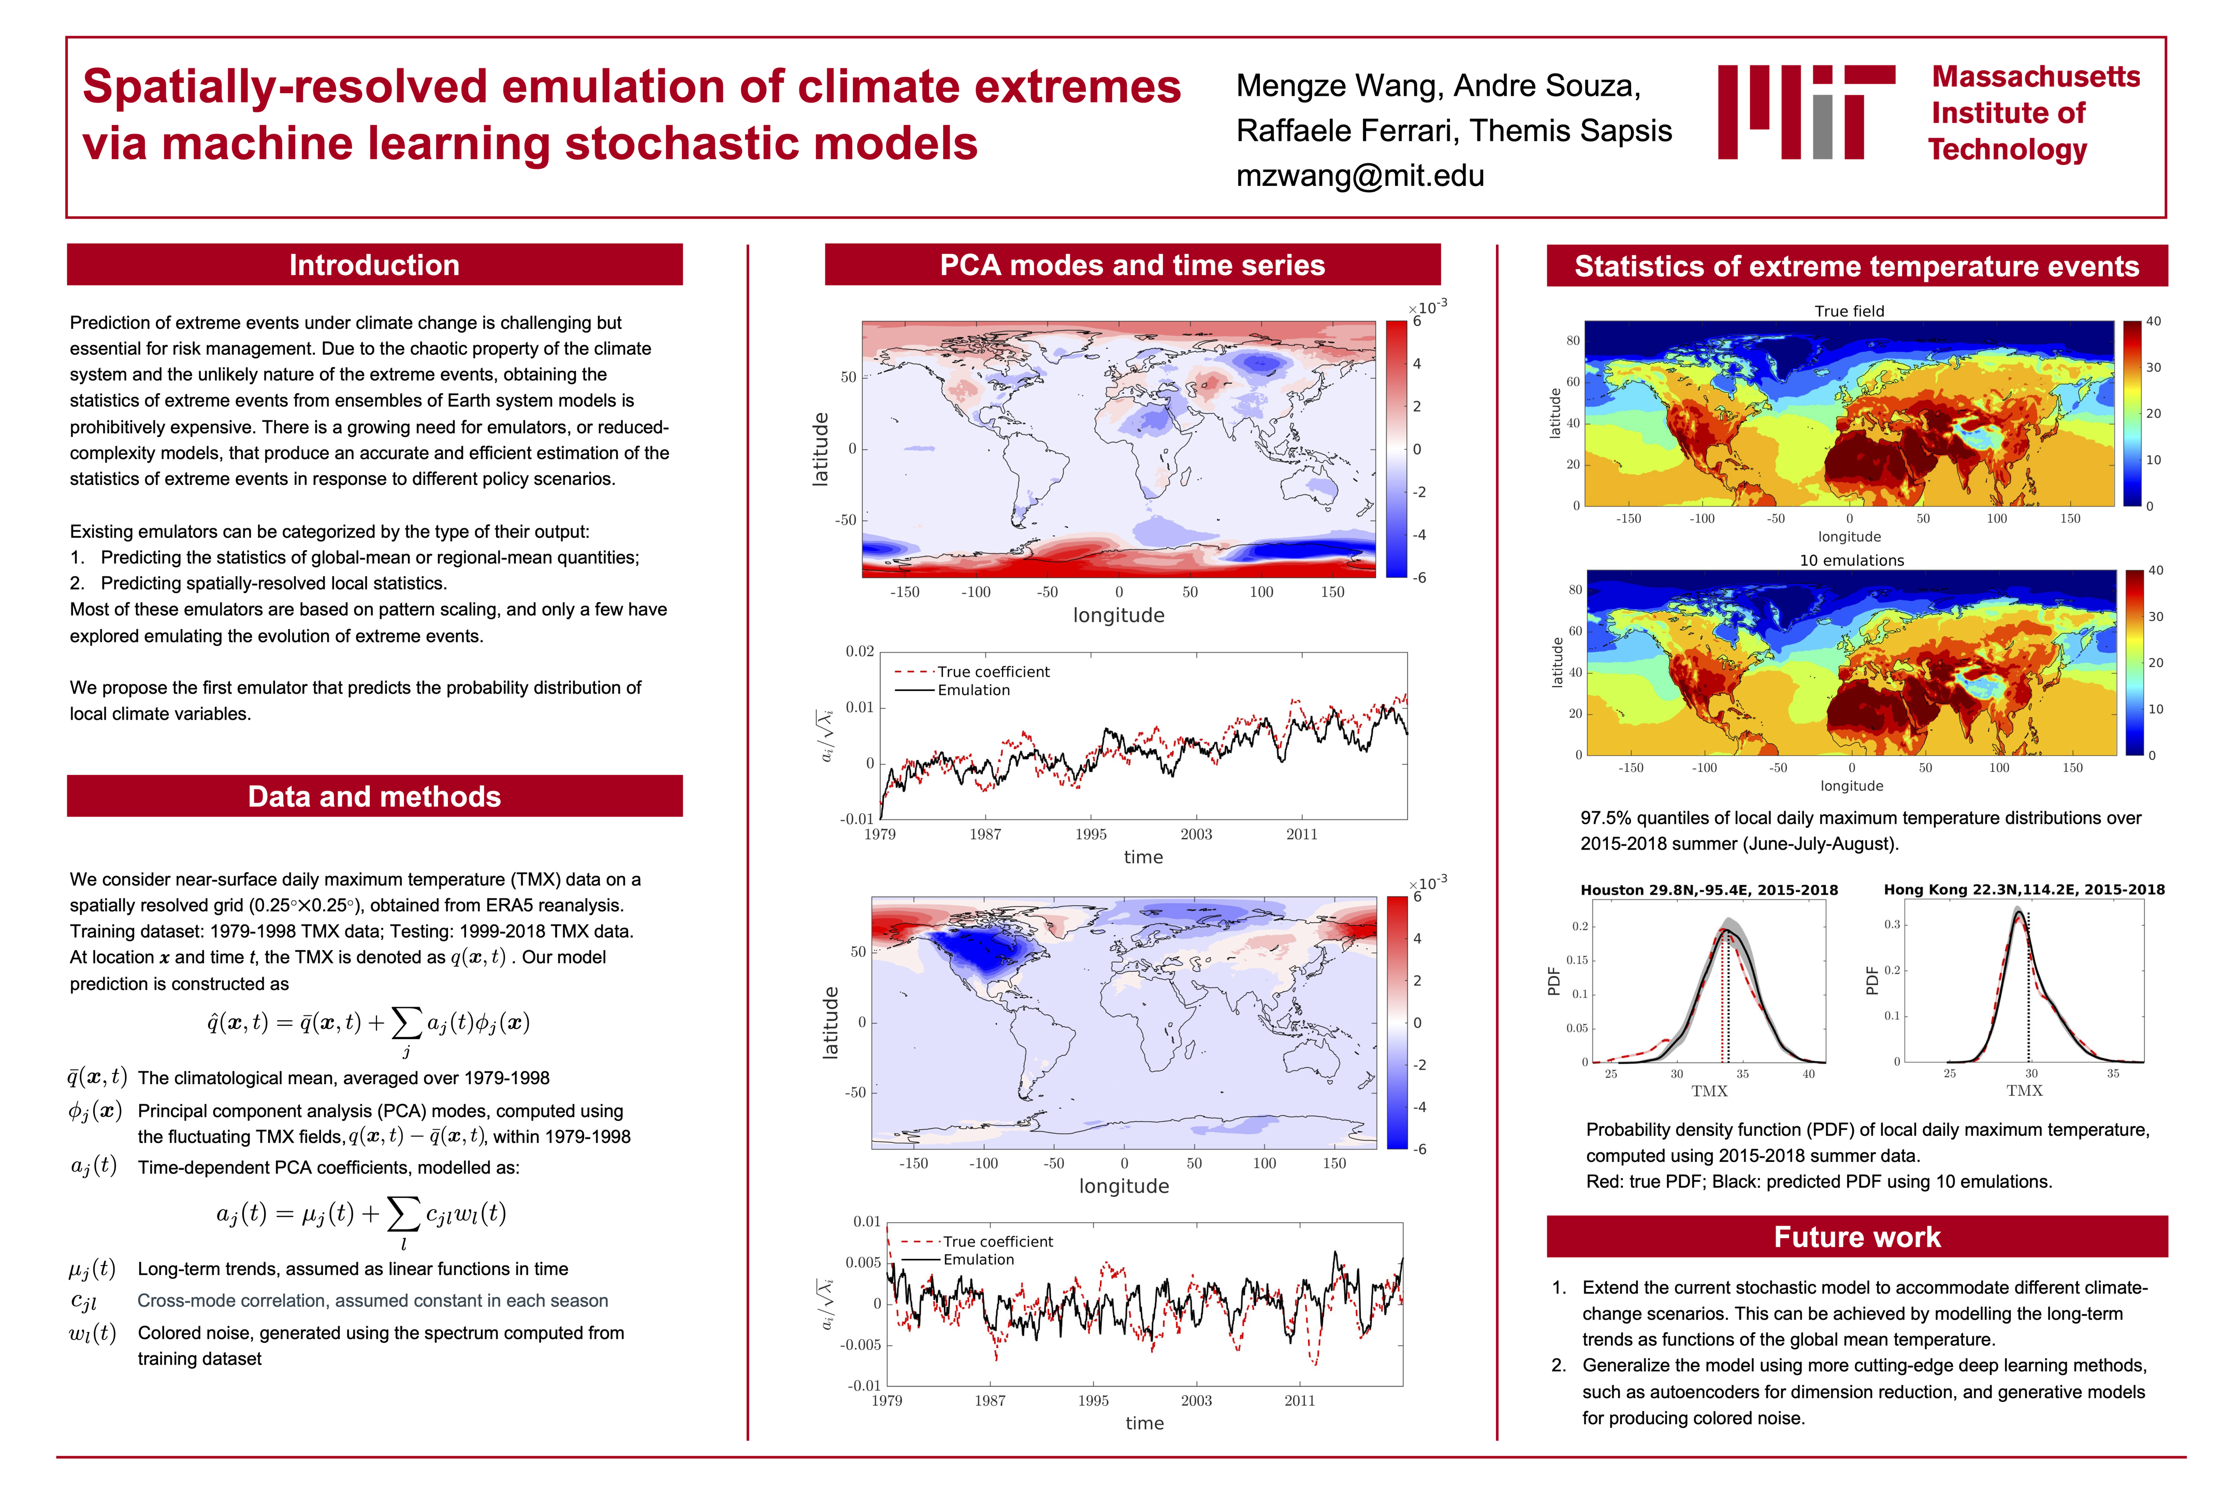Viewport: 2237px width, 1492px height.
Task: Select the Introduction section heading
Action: coord(374,265)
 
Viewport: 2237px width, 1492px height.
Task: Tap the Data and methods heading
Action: coord(374,796)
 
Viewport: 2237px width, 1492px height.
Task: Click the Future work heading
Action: coord(1856,1237)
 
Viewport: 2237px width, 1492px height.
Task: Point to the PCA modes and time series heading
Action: coord(1132,265)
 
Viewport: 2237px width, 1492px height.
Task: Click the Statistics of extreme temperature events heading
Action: coord(1856,266)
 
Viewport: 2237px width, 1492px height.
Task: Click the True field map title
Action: coord(1849,311)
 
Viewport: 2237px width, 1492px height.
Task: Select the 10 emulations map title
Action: coord(1851,561)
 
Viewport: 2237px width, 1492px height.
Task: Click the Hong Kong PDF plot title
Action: coord(2024,890)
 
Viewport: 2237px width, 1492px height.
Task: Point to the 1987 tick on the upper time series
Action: coord(985,835)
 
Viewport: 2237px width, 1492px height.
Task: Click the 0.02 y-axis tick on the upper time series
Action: coord(860,652)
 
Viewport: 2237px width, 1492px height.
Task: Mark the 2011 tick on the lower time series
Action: coord(1299,1401)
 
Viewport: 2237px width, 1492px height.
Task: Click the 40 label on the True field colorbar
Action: coord(2153,322)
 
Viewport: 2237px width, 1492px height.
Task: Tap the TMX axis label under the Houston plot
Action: coord(1709,1092)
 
